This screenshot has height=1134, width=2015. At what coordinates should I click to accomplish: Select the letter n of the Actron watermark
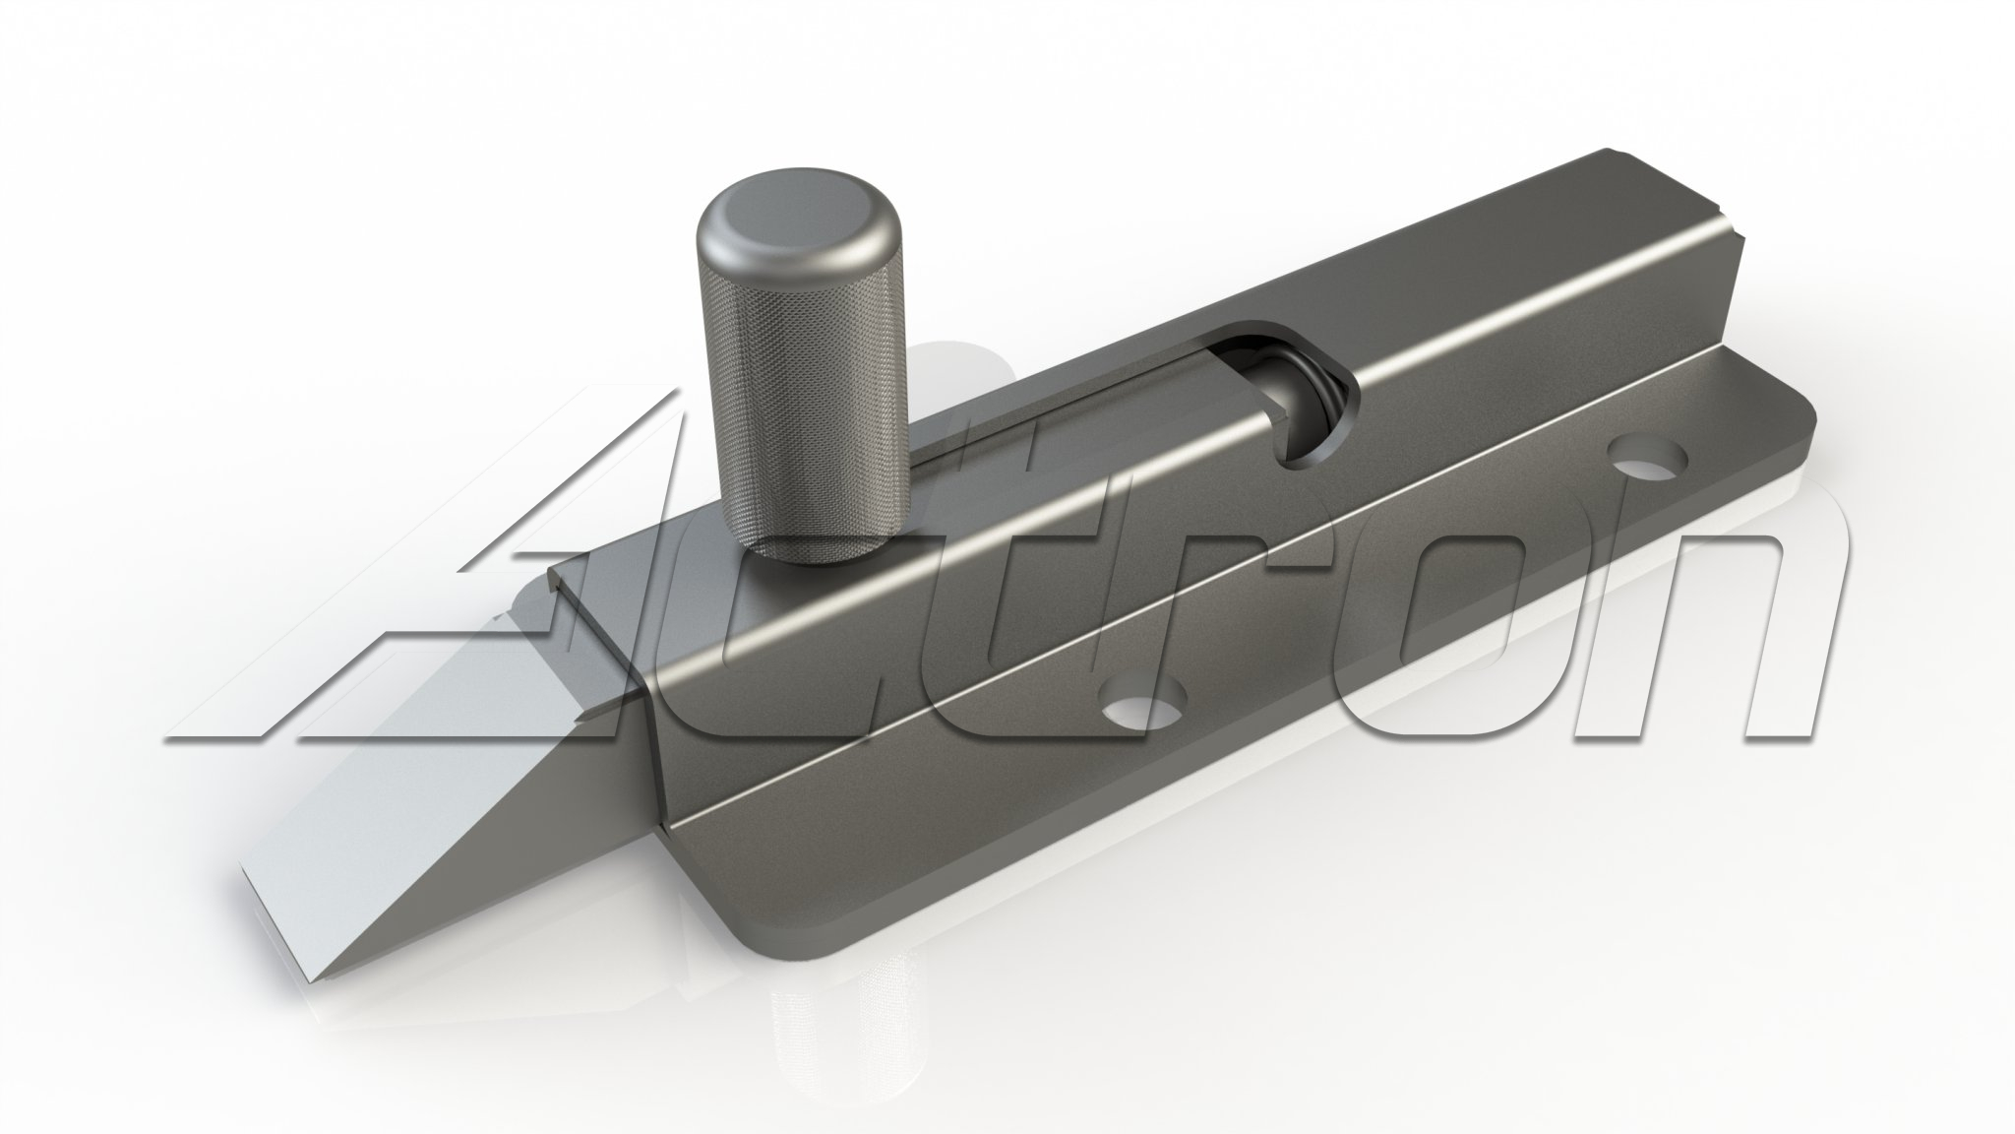click(x=1673, y=640)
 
